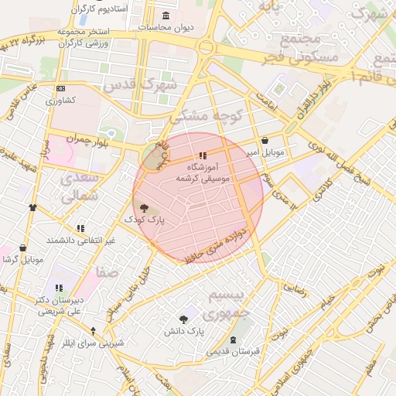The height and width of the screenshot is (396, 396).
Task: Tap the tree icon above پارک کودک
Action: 145,207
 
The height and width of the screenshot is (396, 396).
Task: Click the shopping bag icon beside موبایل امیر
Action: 266,142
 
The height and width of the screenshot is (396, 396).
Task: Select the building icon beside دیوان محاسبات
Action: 166,16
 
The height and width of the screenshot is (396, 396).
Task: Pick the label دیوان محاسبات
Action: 166,27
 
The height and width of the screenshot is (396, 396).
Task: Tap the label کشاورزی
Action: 60,101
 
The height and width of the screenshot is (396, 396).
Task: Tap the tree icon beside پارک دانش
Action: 183,319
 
